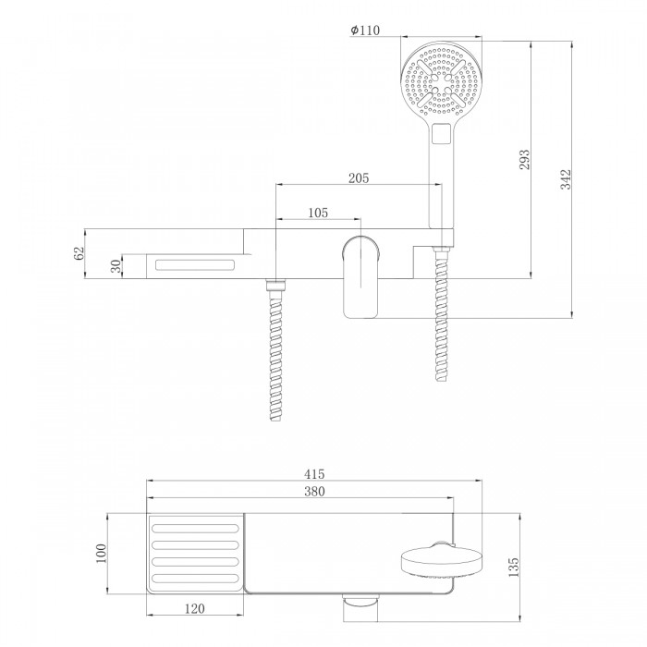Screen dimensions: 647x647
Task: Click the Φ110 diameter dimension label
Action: [365, 31]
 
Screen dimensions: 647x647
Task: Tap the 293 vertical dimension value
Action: [524, 159]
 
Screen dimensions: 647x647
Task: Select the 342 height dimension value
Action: [566, 179]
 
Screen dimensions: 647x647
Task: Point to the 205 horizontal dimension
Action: [359, 178]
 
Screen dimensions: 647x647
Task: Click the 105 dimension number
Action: [318, 213]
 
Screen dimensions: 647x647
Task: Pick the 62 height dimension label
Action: [79, 253]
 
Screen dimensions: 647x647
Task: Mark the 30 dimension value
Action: [116, 266]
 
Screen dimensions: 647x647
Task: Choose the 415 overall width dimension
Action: [314, 474]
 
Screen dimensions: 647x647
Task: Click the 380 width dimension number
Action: [314, 492]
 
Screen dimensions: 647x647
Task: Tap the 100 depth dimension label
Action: [101, 554]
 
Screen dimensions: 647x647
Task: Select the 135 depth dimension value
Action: [513, 567]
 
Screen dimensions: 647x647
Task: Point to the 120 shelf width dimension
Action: [194, 608]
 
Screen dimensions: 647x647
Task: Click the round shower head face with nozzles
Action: [441, 81]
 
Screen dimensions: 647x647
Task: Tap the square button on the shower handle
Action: [441, 134]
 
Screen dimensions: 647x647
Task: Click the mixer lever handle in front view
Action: [361, 276]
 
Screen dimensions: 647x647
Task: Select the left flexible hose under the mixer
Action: [275, 350]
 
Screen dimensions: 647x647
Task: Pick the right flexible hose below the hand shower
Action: [441, 313]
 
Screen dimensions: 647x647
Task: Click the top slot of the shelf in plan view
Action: [195, 529]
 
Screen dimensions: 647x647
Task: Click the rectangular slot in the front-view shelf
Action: [195, 264]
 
